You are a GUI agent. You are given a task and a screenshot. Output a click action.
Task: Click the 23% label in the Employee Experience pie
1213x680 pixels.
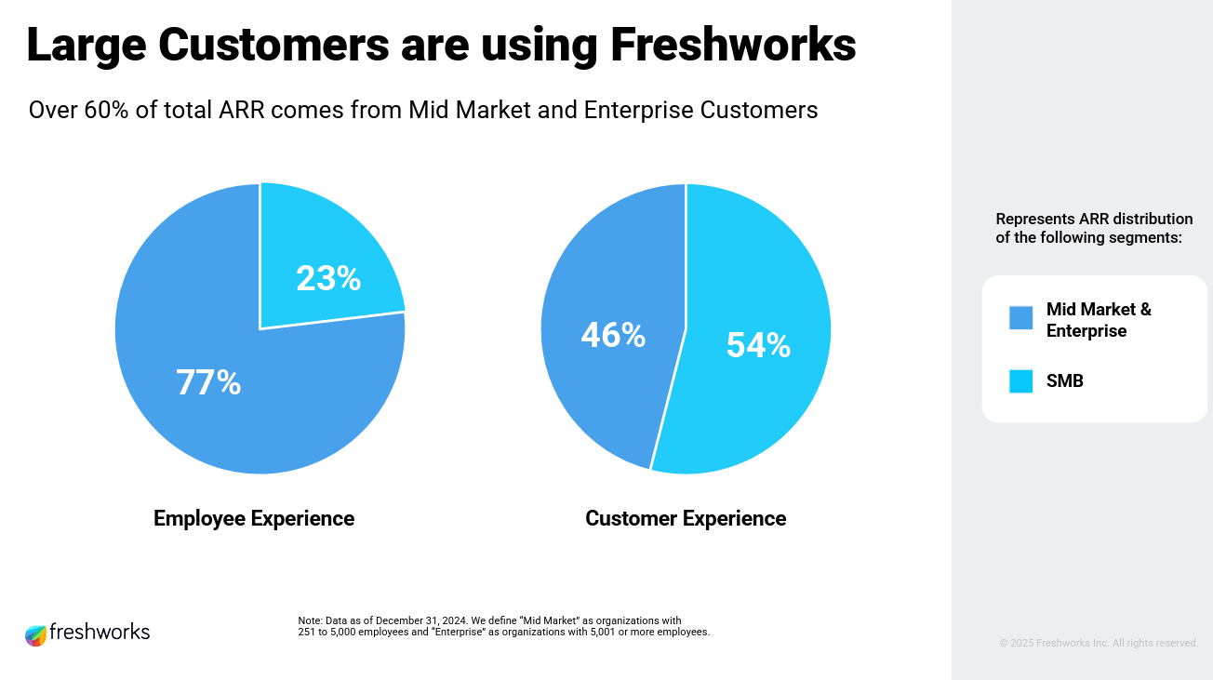(x=328, y=278)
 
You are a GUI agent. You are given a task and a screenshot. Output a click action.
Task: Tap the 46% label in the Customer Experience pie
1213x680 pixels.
(x=613, y=335)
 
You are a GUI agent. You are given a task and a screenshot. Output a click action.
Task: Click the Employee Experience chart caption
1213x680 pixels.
(x=254, y=518)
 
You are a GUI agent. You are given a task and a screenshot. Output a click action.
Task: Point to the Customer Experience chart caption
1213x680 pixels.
(x=686, y=518)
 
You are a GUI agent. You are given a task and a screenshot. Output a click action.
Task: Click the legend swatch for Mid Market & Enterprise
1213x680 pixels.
(x=1020, y=318)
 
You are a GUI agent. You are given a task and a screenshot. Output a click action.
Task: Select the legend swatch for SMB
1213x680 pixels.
(x=1020, y=381)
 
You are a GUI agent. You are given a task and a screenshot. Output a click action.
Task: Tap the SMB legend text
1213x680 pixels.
(x=1065, y=380)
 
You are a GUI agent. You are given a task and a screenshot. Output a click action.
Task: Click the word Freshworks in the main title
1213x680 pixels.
(x=732, y=45)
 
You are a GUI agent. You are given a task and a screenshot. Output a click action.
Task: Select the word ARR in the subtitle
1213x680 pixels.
(x=243, y=110)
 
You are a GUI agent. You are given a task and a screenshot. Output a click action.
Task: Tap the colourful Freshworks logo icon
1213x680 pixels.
(x=35, y=635)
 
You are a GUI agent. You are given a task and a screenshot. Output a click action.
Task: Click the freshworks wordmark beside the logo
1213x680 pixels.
(x=100, y=632)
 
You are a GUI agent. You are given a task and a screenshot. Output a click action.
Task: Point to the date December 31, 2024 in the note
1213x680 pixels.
(x=418, y=620)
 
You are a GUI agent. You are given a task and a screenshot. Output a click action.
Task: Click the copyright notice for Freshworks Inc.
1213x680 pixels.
(x=1099, y=643)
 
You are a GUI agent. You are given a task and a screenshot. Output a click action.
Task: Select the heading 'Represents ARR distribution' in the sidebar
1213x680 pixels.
(x=1094, y=220)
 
